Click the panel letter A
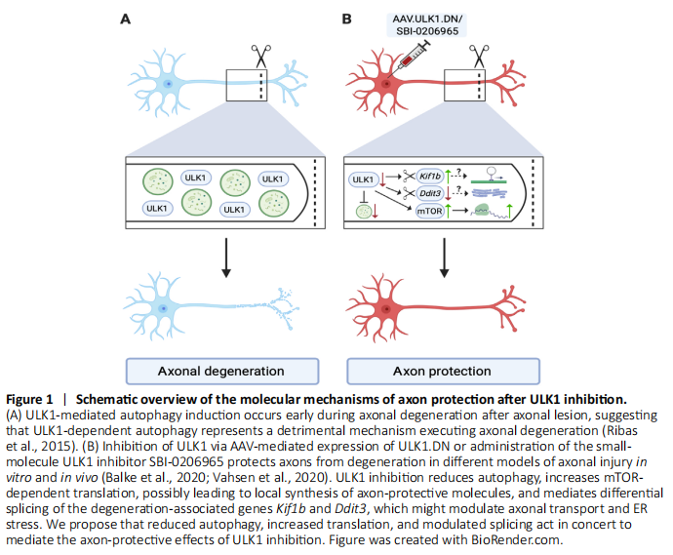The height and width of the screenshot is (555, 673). (125, 19)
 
